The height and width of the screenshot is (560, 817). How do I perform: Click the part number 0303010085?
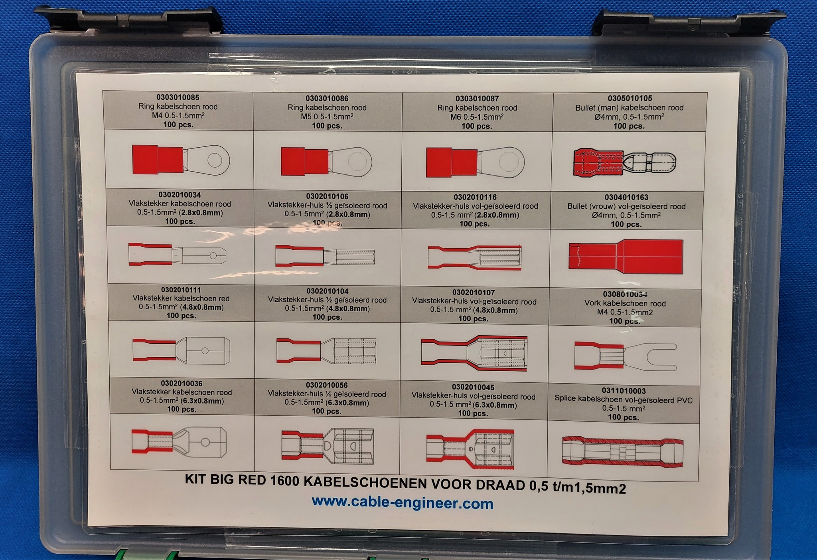tap(178, 97)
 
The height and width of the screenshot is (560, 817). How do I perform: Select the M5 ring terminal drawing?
tap(326, 161)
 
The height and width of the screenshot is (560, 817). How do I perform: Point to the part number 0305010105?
tap(630, 98)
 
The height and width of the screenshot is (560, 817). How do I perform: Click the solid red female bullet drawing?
tap(626, 257)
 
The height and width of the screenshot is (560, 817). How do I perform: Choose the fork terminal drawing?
tap(626, 356)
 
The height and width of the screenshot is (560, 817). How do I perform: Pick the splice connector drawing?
tap(622, 451)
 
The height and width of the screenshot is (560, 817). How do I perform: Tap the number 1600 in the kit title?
tap(284, 481)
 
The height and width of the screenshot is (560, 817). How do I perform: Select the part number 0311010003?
tap(624, 391)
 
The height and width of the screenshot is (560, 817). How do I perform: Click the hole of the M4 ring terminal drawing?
tap(215, 160)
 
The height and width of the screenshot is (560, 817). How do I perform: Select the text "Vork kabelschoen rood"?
tap(625, 303)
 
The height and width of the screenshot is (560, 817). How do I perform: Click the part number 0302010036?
tap(182, 384)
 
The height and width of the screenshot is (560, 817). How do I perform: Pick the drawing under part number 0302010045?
tap(470, 449)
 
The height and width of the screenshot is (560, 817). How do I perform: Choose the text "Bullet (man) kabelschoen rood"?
tap(629, 108)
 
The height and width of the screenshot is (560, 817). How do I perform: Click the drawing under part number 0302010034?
tap(178, 255)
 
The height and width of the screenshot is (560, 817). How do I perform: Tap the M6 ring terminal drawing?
tap(475, 162)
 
